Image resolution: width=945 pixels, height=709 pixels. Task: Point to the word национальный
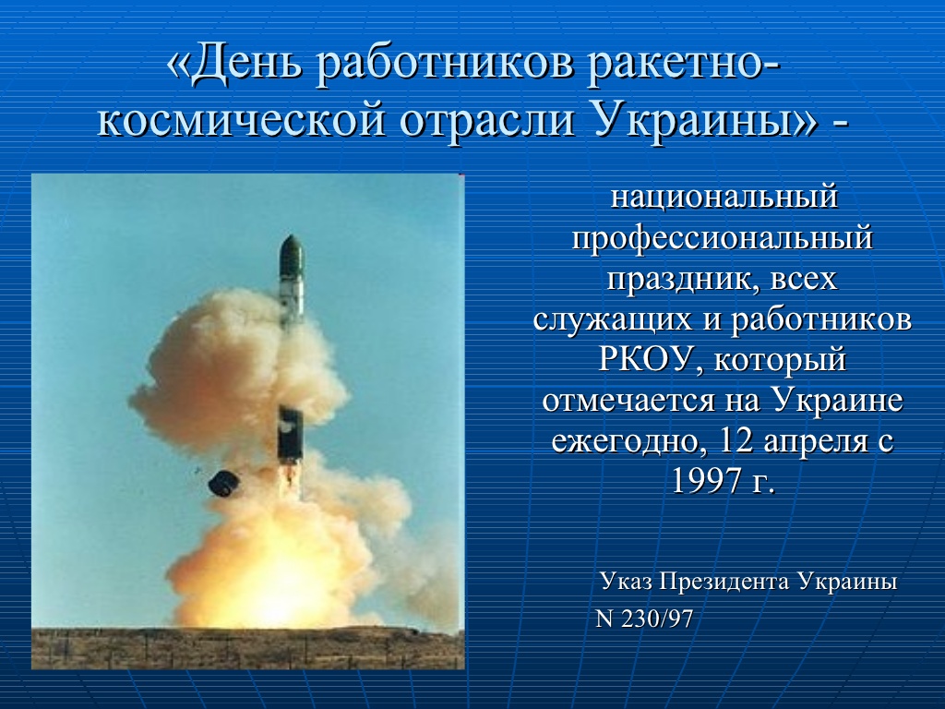click(724, 197)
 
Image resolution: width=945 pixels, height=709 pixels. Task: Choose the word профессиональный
click(722, 238)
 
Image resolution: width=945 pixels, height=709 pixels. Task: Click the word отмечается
click(628, 401)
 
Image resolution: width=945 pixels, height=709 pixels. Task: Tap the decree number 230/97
click(657, 619)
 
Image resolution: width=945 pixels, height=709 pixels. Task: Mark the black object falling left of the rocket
click(223, 483)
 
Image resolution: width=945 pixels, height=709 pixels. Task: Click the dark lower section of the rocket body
click(290, 434)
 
